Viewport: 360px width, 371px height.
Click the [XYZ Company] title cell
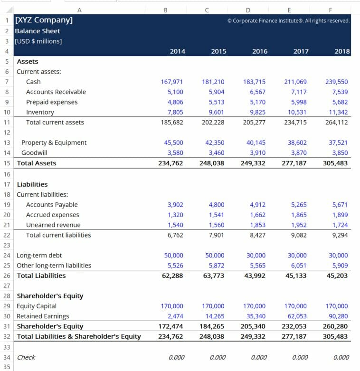click(44, 20)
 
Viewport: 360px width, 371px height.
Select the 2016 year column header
click(260, 51)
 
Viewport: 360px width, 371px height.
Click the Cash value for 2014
click(172, 82)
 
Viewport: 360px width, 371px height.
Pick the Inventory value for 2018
click(337, 112)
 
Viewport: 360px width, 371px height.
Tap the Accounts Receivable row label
click(56, 92)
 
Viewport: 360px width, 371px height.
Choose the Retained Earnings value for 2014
click(175, 316)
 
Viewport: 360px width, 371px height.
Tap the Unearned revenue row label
click(53, 225)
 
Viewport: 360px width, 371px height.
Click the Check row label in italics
click(26, 357)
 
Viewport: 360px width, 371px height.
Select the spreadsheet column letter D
click(248, 10)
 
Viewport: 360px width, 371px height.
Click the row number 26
click(7, 276)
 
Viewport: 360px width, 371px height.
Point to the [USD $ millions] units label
click(38, 41)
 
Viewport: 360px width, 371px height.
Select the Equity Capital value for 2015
click(213, 306)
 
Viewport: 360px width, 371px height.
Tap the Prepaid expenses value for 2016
click(257, 102)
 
